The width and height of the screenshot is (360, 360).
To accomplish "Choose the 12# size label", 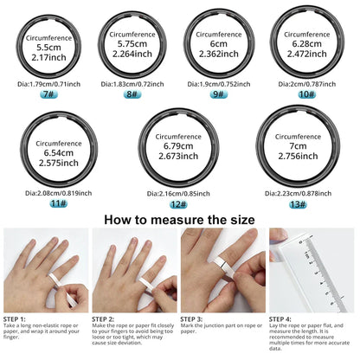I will (x=178, y=203).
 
